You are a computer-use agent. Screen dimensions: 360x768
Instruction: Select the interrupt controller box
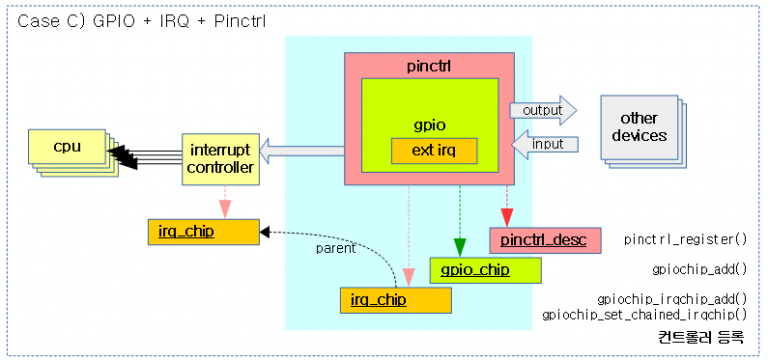point(219,158)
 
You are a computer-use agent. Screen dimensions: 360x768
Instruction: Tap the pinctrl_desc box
point(545,240)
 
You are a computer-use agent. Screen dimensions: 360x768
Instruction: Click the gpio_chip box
point(485,270)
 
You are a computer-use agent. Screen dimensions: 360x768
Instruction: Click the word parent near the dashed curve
point(336,249)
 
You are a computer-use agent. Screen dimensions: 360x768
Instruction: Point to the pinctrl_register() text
point(685,241)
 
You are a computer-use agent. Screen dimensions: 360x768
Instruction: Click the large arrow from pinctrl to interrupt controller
point(301,150)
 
